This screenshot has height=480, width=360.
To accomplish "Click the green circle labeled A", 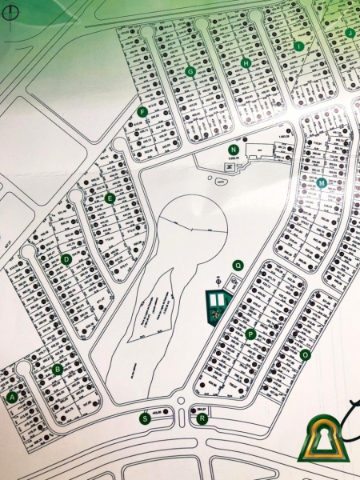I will (x=12, y=396).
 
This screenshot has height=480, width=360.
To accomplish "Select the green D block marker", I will (x=66, y=258).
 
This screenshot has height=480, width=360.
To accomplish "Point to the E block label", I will (x=110, y=198).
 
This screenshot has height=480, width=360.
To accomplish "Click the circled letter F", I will (x=142, y=112).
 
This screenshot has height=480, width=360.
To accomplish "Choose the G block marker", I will (x=190, y=71).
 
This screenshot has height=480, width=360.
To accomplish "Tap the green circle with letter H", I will (x=246, y=63).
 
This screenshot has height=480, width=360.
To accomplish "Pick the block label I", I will (x=298, y=46).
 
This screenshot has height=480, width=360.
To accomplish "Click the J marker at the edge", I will (x=350, y=33).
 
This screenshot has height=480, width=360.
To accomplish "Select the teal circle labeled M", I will (x=322, y=183).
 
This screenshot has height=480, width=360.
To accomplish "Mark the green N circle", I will (x=234, y=150).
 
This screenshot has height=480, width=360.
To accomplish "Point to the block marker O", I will (x=305, y=354).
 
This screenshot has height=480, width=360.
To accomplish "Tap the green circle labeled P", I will (x=250, y=334).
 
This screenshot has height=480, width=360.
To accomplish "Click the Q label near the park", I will (x=237, y=265).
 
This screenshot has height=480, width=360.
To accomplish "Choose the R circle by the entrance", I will (x=202, y=418).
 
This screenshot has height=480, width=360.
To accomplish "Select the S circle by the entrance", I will (x=145, y=418).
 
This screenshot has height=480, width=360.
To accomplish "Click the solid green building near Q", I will (x=217, y=305).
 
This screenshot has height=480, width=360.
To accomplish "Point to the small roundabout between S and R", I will (x=182, y=401).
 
